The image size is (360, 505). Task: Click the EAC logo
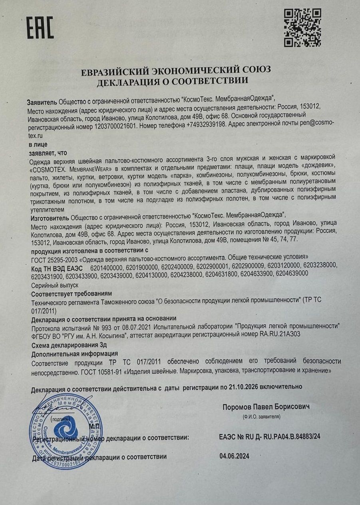pos(40,28)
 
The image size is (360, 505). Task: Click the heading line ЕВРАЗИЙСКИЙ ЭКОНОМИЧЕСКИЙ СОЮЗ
pos(176,70)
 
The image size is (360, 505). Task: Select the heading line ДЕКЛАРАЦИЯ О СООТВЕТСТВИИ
pos(172,81)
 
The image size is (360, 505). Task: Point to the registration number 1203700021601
pos(116,126)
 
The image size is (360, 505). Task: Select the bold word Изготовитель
pos(50,218)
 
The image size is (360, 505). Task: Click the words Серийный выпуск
pos(54,285)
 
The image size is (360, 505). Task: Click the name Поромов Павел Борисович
pos(266,407)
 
